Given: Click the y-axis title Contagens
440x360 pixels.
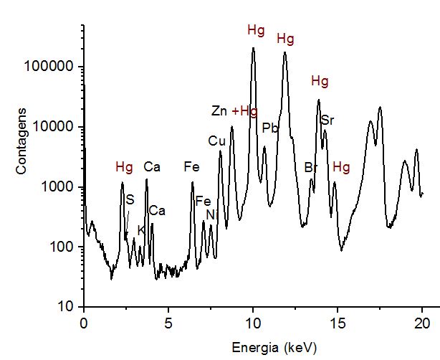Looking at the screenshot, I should click(22, 140).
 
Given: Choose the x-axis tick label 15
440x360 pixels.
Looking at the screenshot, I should click(338, 321).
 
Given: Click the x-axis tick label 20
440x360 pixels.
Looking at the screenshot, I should click(422, 321).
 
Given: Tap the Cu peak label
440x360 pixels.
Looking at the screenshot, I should click(216, 141).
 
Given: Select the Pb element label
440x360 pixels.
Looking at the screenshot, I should click(269, 128).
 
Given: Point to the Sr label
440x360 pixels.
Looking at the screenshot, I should click(327, 120).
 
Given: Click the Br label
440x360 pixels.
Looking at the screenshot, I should click(310, 168).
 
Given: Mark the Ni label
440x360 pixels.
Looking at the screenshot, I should click(210, 214).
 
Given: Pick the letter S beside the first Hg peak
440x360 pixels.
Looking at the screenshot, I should click(130, 199).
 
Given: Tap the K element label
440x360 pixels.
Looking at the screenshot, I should click(140, 230).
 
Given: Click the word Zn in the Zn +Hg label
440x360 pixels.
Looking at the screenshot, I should click(219, 111).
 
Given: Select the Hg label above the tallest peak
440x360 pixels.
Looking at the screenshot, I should click(256, 30).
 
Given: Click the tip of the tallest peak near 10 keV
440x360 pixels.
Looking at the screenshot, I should click(253, 48).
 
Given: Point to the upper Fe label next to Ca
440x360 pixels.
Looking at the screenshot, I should click(191, 167).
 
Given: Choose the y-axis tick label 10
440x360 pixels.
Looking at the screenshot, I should click(64, 307).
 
